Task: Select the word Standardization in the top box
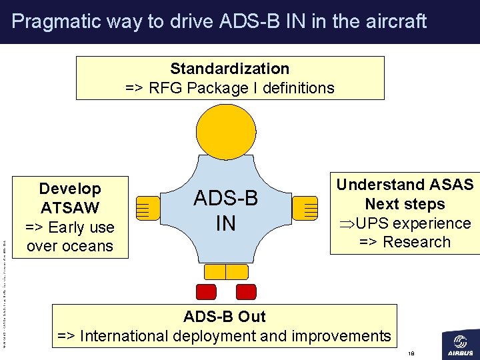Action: pos(229,69)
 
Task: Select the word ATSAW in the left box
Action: pos(69,208)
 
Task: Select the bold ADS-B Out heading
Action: pos(225,317)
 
